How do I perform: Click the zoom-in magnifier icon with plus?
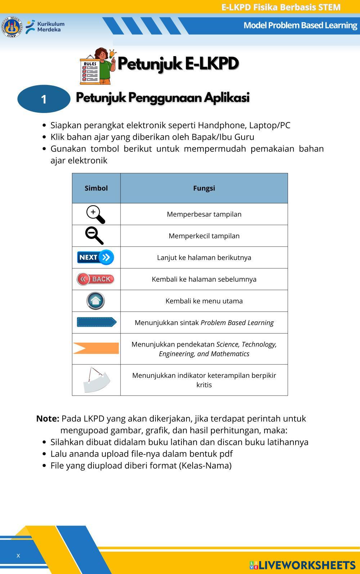click(x=95, y=214)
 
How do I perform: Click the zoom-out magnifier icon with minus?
click(x=94, y=236)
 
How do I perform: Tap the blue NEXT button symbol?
click(x=95, y=257)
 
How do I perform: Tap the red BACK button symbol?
click(x=95, y=279)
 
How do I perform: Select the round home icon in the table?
click(x=95, y=301)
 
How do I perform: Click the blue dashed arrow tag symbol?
click(x=96, y=322)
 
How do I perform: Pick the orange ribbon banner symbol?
click(x=96, y=348)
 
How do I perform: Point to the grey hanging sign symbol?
click(x=96, y=380)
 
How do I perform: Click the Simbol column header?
click(x=96, y=188)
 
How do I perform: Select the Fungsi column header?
click(x=204, y=188)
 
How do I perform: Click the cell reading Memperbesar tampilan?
click(x=204, y=214)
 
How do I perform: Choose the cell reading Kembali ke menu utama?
click(x=204, y=301)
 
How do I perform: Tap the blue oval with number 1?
click(x=44, y=99)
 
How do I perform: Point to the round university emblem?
click(x=12, y=27)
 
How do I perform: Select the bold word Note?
click(x=48, y=419)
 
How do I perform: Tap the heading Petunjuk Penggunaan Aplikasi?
click(x=162, y=98)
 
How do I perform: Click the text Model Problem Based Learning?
click(x=300, y=25)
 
